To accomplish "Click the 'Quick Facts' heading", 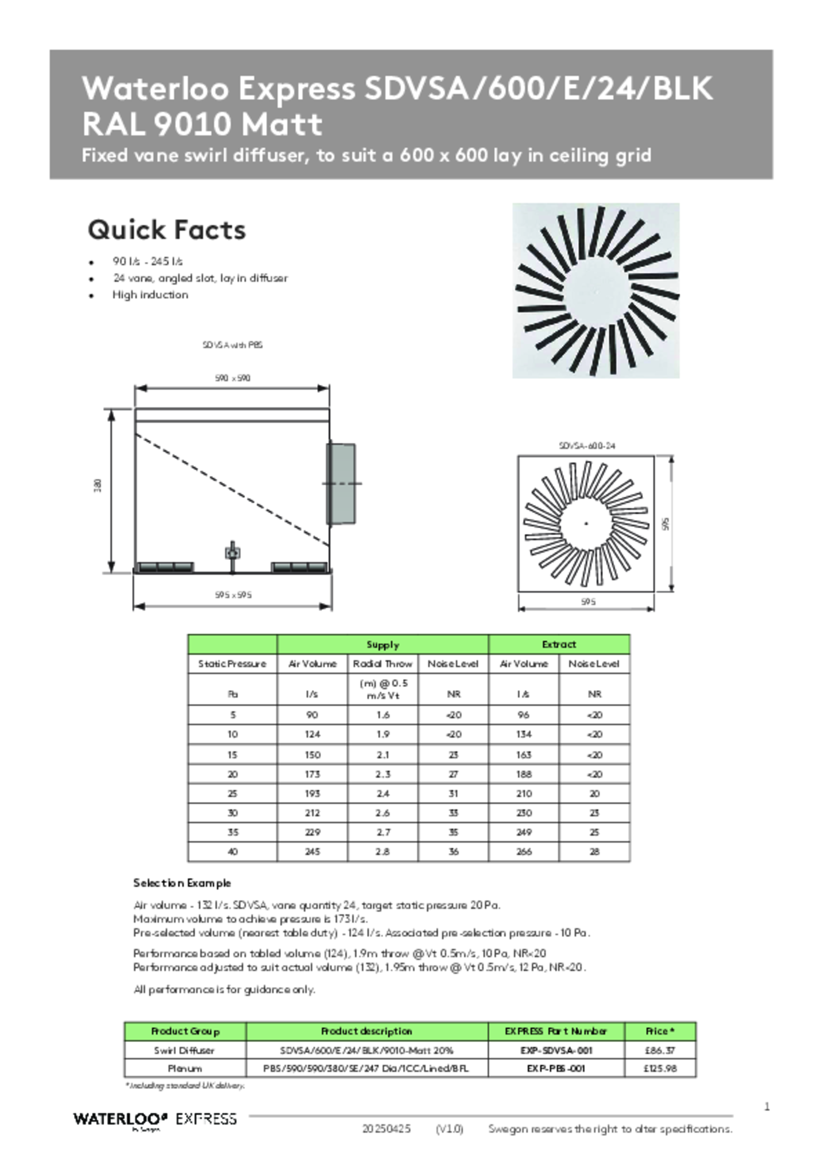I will tap(166, 230).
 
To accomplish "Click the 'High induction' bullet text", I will tap(150, 295).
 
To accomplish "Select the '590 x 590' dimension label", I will tap(232, 378).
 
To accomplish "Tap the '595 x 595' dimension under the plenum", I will tap(233, 595).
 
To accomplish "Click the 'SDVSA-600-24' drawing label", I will tap(587, 445).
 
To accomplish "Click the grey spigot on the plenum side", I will tap(342, 483).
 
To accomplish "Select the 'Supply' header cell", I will tap(383, 644).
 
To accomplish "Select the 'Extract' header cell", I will tap(559, 644).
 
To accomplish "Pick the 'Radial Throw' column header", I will tap(383, 664).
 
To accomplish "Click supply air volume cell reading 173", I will tap(312, 774).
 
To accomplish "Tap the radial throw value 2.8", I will tap(383, 852).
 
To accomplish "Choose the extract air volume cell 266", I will tap(524, 852).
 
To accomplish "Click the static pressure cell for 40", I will tap(232, 852).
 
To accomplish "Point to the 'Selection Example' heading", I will tap(182, 883).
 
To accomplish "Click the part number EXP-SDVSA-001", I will tap(556, 1051).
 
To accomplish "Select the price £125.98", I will tap(660, 1068).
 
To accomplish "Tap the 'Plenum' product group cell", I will tap(184, 1068).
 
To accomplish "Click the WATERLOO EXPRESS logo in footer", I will tap(155, 1119).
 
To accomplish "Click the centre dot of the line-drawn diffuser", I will tap(586, 523).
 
